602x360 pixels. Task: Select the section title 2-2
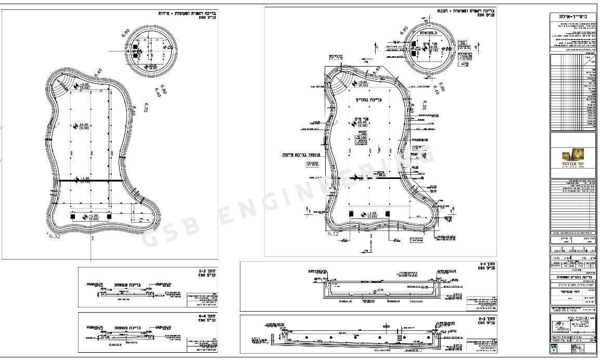pos(486,319)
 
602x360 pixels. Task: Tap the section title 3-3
pos(204,272)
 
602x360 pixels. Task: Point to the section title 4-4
pos(204,317)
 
